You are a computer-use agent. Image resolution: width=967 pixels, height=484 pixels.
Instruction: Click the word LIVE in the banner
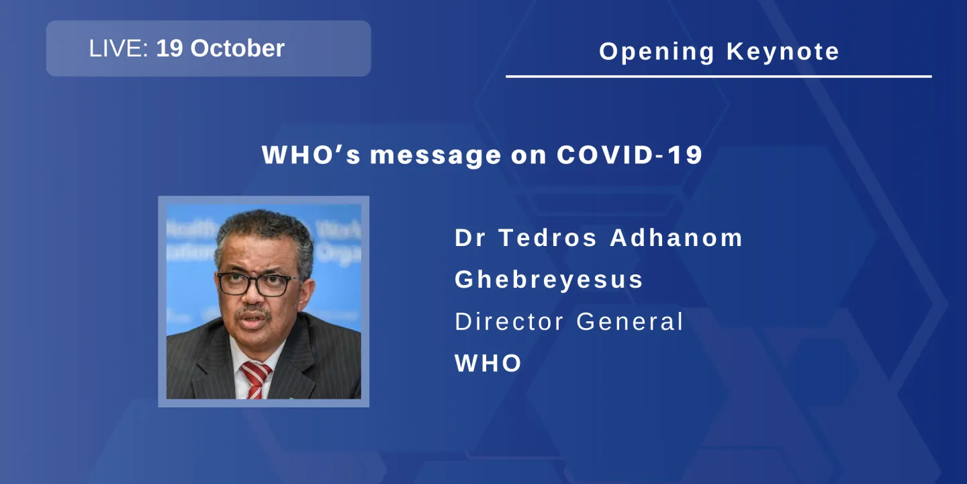coord(117,48)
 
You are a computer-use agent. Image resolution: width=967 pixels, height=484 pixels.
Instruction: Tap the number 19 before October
coord(170,48)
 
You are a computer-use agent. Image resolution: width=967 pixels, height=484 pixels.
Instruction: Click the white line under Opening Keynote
coord(719,77)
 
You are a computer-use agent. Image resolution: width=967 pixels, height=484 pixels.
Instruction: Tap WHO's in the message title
coord(311,155)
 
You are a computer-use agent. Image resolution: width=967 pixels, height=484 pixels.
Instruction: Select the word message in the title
coord(435,155)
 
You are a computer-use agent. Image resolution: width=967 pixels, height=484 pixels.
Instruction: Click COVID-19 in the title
coord(629,155)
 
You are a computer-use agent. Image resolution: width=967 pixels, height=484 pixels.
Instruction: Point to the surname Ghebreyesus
coord(549,280)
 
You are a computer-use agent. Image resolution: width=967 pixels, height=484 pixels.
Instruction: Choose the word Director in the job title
coord(510,321)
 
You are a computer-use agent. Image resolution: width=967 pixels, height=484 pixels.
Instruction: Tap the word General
coord(629,321)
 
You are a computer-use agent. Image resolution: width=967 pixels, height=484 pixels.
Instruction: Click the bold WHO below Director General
coord(488,364)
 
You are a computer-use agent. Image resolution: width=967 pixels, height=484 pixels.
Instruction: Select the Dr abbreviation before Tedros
coord(469,238)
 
